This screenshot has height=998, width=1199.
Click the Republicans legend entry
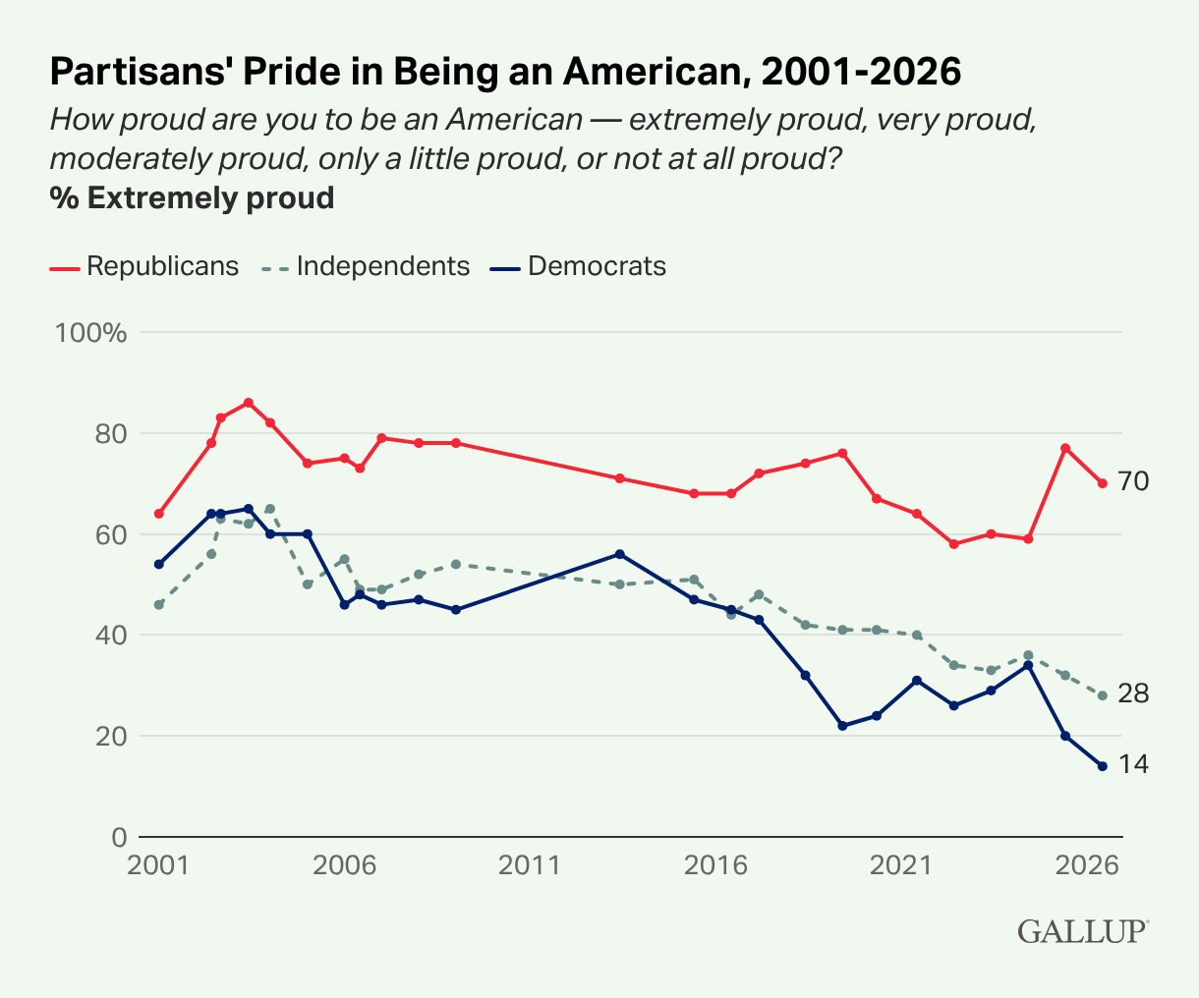[144, 266]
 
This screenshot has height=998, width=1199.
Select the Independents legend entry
[366, 266]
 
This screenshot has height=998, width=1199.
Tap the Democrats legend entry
[578, 266]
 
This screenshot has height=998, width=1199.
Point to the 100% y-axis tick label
[90, 333]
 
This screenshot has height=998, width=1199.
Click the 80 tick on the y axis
[111, 434]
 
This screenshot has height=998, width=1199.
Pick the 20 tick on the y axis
[111, 737]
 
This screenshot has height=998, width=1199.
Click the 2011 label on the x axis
[530, 865]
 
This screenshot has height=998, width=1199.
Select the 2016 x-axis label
[715, 865]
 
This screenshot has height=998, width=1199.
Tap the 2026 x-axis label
[1087, 865]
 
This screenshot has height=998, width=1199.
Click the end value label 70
[1133, 481]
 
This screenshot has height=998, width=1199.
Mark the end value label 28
[1133, 694]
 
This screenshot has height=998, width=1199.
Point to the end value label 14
[1133, 764]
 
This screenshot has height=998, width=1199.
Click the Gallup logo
[1083, 931]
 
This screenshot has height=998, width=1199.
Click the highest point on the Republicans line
[248, 403]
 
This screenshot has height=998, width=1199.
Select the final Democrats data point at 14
[1102, 766]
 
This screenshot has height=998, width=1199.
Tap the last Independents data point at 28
[1102, 695]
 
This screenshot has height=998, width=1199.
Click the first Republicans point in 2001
[159, 514]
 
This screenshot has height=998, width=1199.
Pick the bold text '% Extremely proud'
[192, 198]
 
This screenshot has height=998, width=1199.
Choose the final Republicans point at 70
[1102, 483]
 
